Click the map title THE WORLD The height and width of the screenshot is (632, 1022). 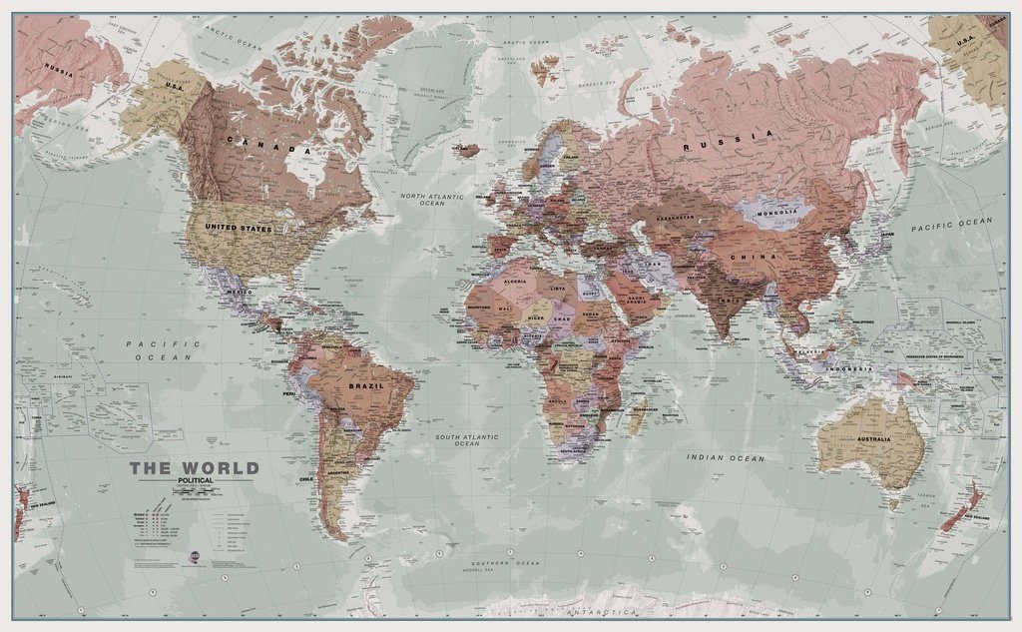click(194, 468)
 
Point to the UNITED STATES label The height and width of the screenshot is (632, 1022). click(239, 229)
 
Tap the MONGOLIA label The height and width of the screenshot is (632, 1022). click(776, 211)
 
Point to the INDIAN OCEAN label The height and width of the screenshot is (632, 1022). click(726, 457)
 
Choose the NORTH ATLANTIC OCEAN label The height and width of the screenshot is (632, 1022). click(432, 199)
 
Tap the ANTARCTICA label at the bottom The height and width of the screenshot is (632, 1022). click(600, 610)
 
